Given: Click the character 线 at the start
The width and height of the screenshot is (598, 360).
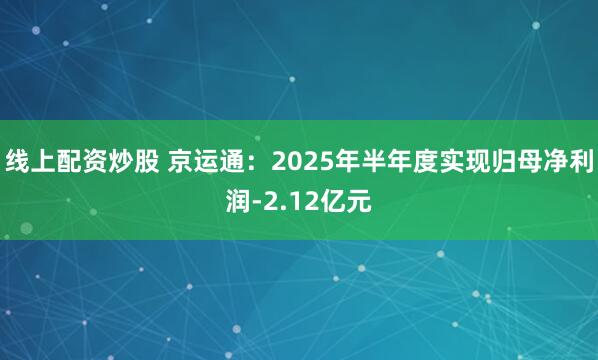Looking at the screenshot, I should tap(17, 160).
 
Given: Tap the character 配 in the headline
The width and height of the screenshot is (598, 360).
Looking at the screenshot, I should tap(67, 160).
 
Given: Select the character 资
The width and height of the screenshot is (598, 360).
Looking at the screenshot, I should tap(92, 160).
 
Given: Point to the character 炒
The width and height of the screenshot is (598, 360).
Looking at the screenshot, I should tap(117, 160).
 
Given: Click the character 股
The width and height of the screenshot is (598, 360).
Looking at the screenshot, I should tap(142, 160).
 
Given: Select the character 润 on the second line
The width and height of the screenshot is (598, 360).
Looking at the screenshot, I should tap(239, 204).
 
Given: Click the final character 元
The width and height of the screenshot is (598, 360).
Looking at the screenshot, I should tap(360, 204).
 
